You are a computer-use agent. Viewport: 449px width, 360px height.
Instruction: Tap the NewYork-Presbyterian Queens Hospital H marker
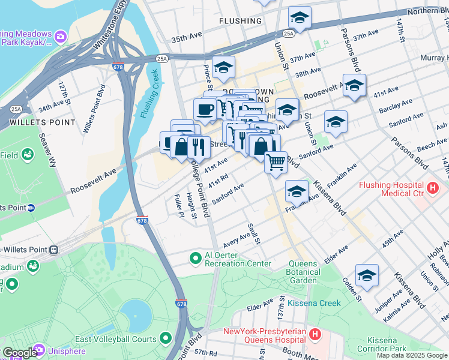(x=316, y=332)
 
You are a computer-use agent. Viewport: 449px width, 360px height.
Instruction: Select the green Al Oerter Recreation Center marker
(x=194, y=259)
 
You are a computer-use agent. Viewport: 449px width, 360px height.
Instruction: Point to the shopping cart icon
(x=276, y=162)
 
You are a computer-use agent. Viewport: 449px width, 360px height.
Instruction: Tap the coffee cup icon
(x=205, y=110)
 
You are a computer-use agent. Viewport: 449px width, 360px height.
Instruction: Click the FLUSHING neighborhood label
(x=240, y=21)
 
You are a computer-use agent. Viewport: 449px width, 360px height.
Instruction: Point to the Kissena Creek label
(x=314, y=303)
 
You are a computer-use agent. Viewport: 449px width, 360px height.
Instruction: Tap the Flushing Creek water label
(x=149, y=94)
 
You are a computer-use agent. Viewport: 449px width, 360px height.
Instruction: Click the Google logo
(x=19, y=353)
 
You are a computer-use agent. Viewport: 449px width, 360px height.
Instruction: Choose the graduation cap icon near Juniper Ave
(x=367, y=275)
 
